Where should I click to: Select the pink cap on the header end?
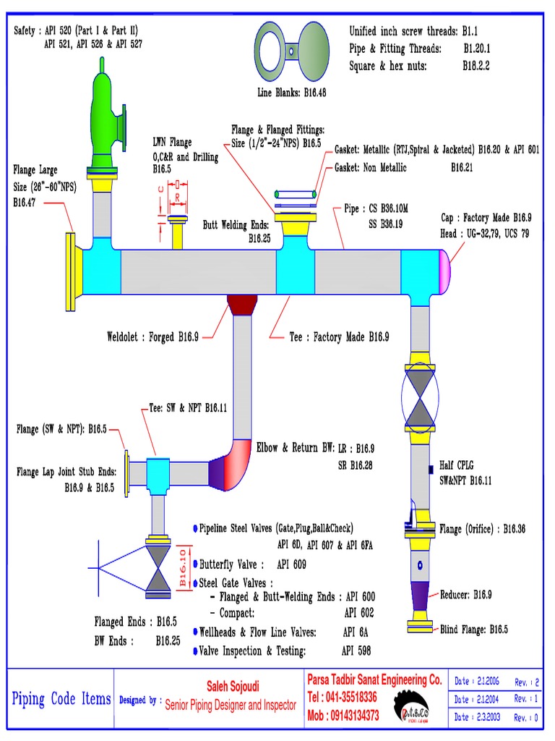point(442,270)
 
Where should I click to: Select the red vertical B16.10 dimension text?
point(183,567)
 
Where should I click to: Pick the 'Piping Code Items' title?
point(61,699)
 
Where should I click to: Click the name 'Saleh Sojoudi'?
point(229,685)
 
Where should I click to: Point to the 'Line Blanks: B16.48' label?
point(292,92)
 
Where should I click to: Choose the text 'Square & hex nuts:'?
point(388,65)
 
